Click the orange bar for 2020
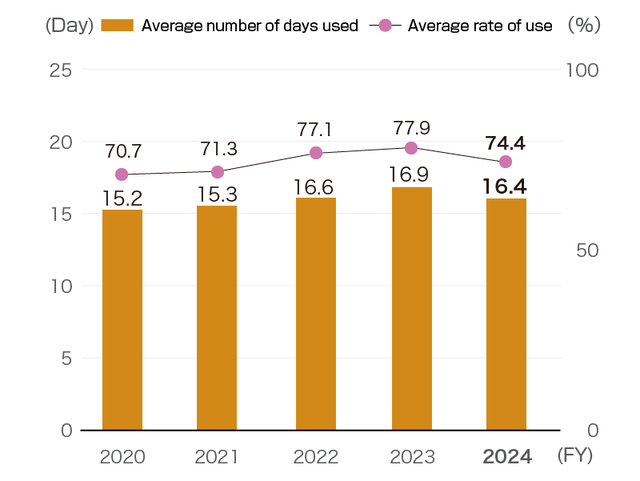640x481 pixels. (122, 319)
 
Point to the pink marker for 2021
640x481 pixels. (217, 172)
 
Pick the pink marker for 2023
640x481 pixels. (411, 148)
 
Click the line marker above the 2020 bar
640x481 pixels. (122, 174)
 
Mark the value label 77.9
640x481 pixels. (413, 128)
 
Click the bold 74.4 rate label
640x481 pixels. (505, 143)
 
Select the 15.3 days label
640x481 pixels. (217, 194)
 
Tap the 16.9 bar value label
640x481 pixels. (411, 174)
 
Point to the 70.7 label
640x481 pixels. (122, 150)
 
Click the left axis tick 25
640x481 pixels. (61, 70)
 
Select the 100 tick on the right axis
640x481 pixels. (582, 70)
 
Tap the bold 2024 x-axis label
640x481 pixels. (506, 457)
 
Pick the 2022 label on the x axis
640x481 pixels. (315, 457)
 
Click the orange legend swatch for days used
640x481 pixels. (118, 26)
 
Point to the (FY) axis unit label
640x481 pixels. (575, 456)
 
